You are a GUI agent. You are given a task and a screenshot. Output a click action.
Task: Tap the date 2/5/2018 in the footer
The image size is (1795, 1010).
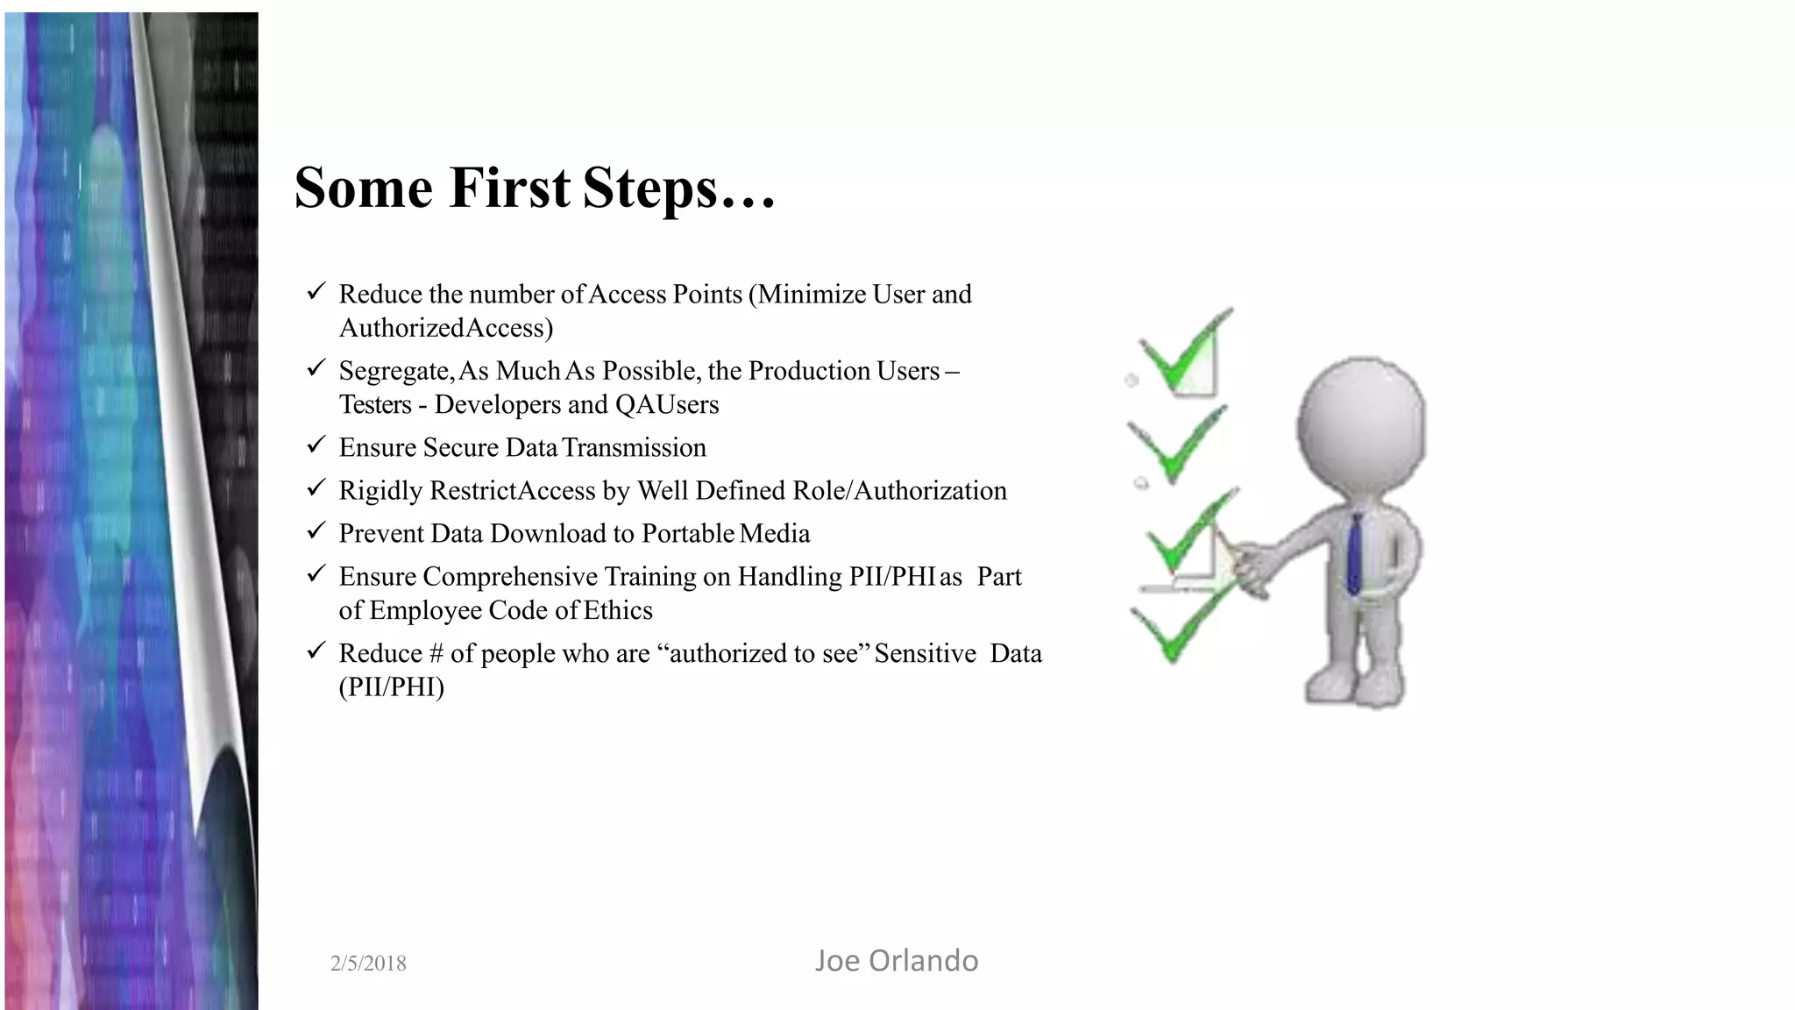tap(368, 964)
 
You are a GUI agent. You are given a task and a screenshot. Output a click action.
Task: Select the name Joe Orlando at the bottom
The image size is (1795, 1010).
tap(896, 961)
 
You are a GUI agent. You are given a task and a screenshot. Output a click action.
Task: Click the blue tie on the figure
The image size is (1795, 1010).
tap(1355, 553)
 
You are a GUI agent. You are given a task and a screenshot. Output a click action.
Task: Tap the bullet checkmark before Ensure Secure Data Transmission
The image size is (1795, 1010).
tap(316, 445)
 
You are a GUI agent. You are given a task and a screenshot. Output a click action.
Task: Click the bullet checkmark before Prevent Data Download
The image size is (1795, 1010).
tap(316, 531)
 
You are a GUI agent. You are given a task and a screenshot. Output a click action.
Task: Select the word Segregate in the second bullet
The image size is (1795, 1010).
tap(394, 372)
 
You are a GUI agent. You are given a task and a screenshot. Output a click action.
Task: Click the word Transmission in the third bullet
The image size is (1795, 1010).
tap(634, 448)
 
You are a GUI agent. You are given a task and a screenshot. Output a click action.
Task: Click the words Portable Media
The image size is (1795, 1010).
tap(725, 534)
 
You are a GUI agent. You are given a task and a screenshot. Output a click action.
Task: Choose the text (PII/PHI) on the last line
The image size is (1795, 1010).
tap(392, 686)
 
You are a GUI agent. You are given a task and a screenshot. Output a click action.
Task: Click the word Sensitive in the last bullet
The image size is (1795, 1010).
tap(925, 654)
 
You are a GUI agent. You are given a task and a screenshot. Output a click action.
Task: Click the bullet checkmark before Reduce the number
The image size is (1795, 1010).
tap(316, 292)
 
